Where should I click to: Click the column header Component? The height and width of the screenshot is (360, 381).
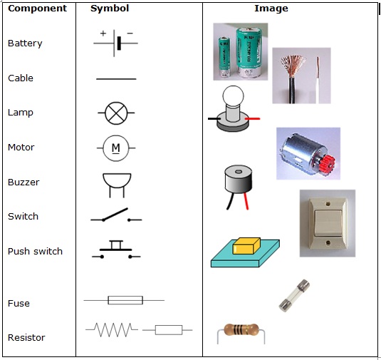point(37,9)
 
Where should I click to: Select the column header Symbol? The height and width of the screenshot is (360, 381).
point(110,9)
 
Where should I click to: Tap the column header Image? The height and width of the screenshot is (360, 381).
point(271,9)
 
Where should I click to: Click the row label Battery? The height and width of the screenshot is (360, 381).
point(25,43)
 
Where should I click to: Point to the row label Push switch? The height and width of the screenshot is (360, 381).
point(35,252)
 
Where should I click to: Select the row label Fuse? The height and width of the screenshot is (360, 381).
point(19,304)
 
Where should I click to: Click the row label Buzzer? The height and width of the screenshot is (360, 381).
point(24,182)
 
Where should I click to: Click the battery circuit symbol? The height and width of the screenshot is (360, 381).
point(115,42)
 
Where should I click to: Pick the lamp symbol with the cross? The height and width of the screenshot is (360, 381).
point(115,113)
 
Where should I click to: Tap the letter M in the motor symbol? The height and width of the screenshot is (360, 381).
point(115,148)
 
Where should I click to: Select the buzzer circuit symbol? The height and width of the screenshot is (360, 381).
point(115,182)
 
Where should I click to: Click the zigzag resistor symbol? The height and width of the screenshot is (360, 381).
point(111,329)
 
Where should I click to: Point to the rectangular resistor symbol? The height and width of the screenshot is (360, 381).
point(167,330)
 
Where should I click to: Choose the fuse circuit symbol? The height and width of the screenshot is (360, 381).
point(124,301)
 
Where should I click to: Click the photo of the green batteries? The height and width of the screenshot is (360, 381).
point(240,51)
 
